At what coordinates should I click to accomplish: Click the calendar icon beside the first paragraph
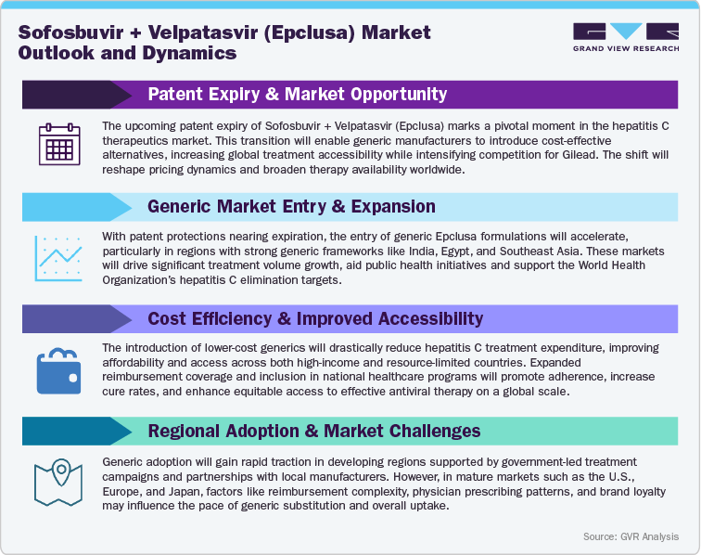pos(59,148)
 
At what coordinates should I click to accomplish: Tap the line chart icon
pos(59,259)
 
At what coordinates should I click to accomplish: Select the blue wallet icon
pos(59,369)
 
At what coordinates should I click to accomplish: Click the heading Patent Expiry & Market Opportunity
pos(297,94)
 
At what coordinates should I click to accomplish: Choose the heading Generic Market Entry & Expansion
pos(291,206)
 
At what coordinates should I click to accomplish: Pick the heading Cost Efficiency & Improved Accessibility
pos(315,318)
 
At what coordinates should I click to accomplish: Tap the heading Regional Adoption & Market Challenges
pos(313,431)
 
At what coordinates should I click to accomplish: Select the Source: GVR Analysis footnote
pos(631,536)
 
